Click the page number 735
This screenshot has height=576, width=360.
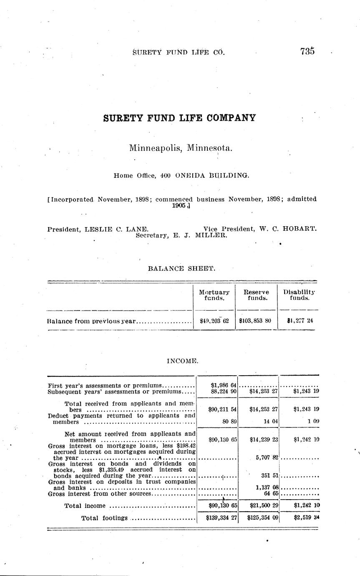click(x=307, y=51)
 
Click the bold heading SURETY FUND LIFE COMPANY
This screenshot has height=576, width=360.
click(x=179, y=118)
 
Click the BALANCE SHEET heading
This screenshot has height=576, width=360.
click(x=182, y=269)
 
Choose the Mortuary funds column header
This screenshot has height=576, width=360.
click(x=214, y=295)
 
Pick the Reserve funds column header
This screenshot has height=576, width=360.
click(x=256, y=295)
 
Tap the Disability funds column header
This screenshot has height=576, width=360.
click(x=299, y=295)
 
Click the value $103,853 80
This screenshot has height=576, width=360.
click(x=256, y=321)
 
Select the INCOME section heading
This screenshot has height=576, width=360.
click(x=182, y=361)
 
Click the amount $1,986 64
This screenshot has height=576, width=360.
click(x=224, y=385)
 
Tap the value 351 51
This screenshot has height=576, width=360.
click(x=269, y=475)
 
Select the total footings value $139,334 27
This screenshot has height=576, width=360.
click(x=222, y=518)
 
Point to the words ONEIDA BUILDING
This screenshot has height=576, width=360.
click(x=211, y=176)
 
